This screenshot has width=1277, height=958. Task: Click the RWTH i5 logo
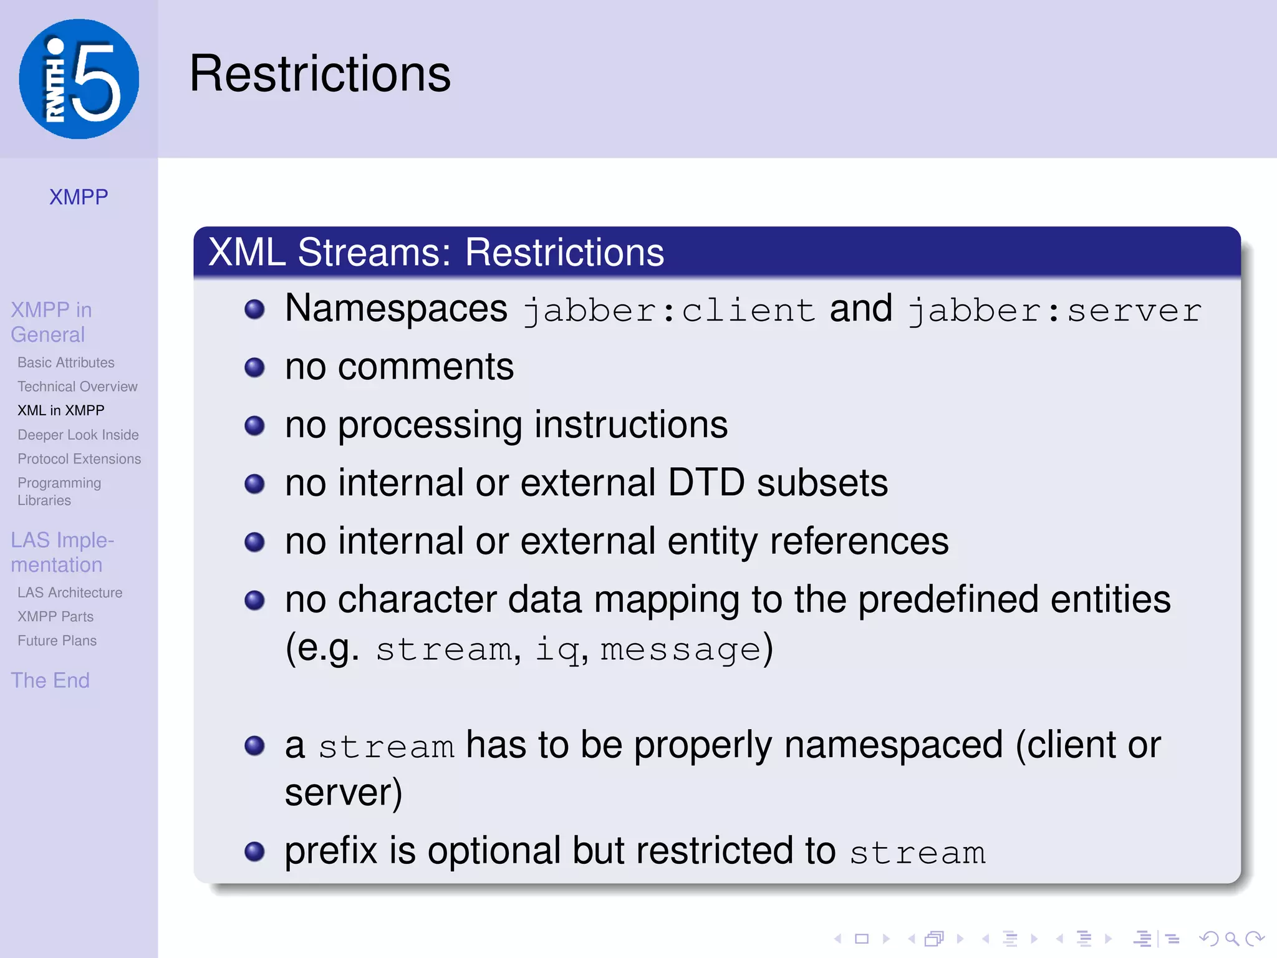[x=79, y=79]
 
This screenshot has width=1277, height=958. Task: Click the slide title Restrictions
[x=320, y=74]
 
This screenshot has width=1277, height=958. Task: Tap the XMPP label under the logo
[x=79, y=197]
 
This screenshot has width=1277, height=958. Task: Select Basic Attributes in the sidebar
[x=66, y=362]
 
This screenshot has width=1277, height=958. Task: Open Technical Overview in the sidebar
[x=77, y=387]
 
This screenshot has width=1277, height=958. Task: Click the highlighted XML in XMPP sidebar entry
[x=61, y=410]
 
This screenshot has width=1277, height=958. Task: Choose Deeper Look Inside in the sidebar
[x=78, y=435]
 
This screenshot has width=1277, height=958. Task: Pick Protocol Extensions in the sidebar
[x=79, y=459]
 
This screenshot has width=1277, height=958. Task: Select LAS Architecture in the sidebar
[x=70, y=593]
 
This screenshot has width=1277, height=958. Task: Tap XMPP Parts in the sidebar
[x=55, y=617]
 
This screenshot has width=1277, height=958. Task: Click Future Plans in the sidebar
[x=57, y=641]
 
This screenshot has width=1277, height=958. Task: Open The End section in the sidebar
[x=51, y=680]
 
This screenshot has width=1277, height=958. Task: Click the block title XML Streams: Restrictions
[x=436, y=253]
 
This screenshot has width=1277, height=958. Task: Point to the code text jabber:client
[x=669, y=311]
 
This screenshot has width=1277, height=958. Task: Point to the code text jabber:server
[x=1054, y=311]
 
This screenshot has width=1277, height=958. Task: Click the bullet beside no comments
[x=254, y=367]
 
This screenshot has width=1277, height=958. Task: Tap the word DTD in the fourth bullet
[x=706, y=483]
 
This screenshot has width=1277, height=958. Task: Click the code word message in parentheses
[x=680, y=650]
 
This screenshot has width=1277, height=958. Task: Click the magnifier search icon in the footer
[x=1231, y=939]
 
